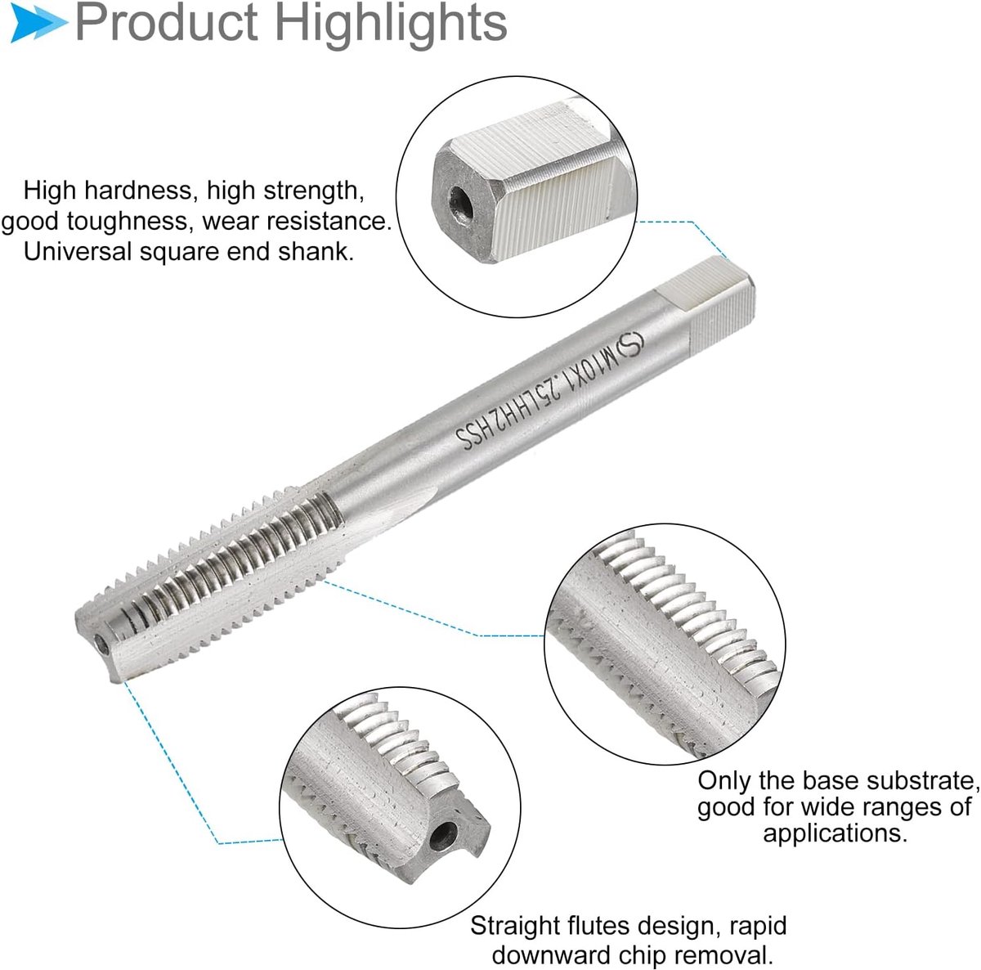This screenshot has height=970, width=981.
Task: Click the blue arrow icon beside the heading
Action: coord(38,22)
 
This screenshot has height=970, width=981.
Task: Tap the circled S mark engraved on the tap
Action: coord(630,346)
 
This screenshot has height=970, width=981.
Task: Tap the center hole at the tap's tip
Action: coord(102,644)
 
